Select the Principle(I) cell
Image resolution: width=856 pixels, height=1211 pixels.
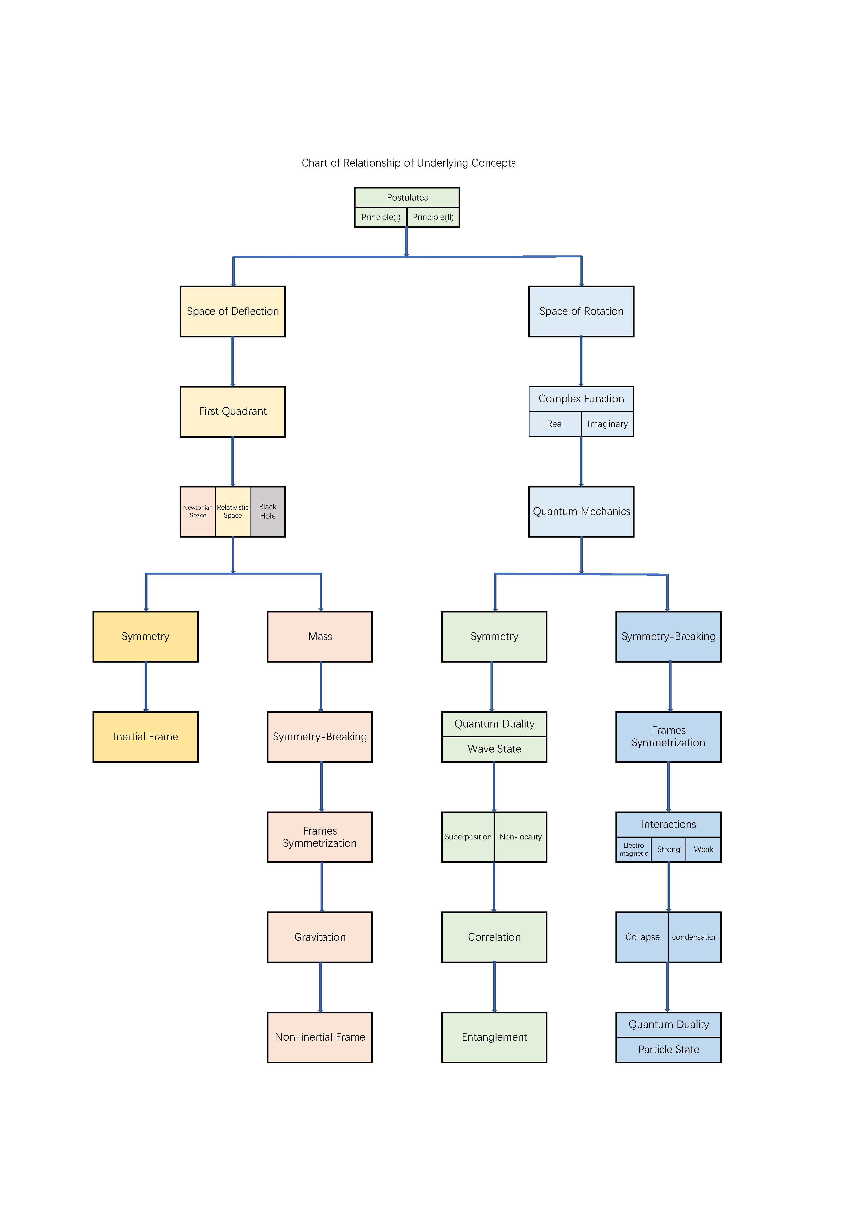[x=381, y=217]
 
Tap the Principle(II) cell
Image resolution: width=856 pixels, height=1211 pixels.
[x=433, y=217]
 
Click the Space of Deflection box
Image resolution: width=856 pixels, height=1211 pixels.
[x=233, y=311]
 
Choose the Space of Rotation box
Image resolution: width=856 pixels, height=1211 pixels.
[x=581, y=311]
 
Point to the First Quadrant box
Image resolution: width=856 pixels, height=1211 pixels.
[x=233, y=411]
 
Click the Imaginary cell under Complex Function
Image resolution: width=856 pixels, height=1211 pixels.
[x=607, y=424]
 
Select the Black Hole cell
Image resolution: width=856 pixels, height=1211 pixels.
[x=267, y=512]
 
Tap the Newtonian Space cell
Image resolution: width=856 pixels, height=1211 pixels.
[x=198, y=512]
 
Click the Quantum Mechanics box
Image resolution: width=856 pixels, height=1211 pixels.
[x=581, y=512]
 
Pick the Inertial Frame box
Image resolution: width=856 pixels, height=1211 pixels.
[x=145, y=737]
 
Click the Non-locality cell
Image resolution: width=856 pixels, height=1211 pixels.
[x=521, y=837]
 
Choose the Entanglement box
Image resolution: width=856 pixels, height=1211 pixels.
[x=494, y=1038]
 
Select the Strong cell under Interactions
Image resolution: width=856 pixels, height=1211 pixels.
[x=669, y=850]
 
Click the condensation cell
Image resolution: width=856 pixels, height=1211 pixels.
[x=695, y=937]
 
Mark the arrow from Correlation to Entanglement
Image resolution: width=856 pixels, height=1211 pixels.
[x=494, y=987]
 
